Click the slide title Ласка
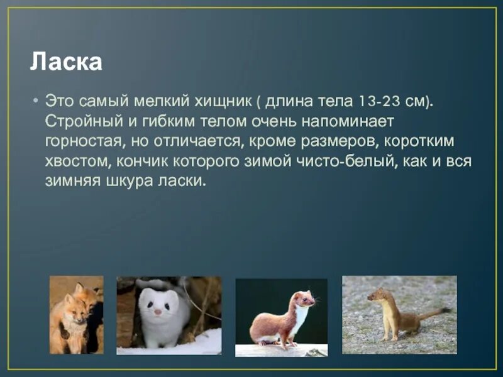66,62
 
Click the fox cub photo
77,315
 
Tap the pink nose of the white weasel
158,312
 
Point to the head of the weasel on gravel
377,294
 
